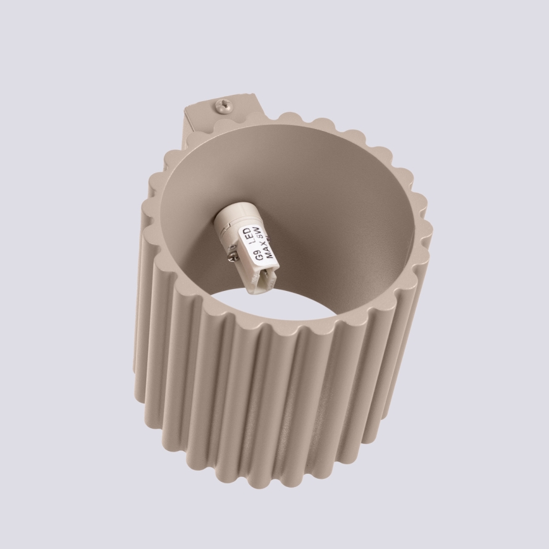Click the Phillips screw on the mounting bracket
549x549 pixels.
coord(223,104)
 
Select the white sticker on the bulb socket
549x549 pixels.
coord(256,247)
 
